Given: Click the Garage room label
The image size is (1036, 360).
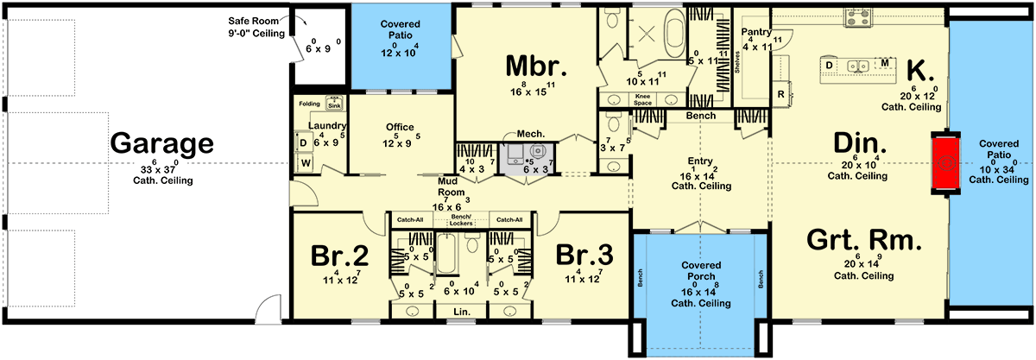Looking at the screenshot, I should tap(161, 143).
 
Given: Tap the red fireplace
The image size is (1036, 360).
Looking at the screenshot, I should tap(948, 162).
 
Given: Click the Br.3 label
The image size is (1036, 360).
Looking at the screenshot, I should tap(584, 257).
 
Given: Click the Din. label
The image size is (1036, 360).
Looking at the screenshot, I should tap(857, 143).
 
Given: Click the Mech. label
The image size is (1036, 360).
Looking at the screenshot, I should tap(528, 135).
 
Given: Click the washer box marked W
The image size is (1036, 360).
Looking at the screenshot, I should tap(305, 161).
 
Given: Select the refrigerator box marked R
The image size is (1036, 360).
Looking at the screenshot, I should tap(780, 93).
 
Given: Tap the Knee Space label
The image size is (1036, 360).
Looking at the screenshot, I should tap(643, 98).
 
